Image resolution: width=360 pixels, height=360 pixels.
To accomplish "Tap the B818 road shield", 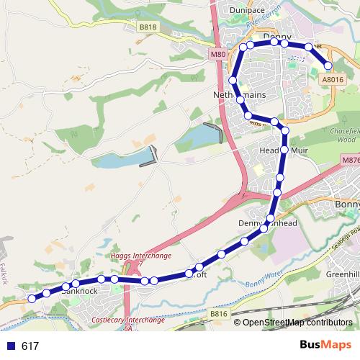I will click(x=148, y=27).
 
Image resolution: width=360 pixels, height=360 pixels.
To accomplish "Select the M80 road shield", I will click(x=218, y=55).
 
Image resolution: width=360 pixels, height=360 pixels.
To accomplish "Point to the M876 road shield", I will click(x=350, y=161).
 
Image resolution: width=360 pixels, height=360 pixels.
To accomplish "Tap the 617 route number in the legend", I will click(x=30, y=346).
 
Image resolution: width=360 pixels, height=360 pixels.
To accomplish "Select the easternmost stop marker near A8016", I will click(x=328, y=66).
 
